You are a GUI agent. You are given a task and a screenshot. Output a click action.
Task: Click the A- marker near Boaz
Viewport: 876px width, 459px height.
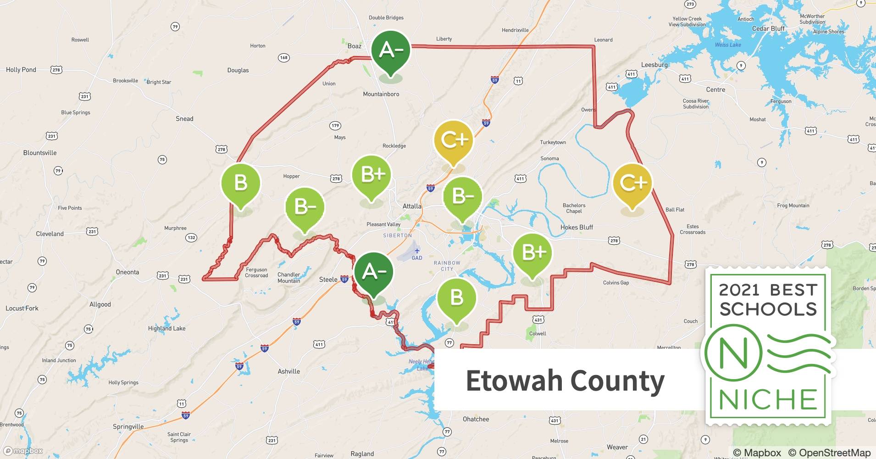click(x=390, y=50)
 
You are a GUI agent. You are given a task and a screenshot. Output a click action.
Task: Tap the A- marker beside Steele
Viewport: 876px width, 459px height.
click(x=374, y=272)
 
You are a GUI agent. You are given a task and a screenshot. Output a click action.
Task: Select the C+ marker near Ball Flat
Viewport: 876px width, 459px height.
click(x=633, y=183)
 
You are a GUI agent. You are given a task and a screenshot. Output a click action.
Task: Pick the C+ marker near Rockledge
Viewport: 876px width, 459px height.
click(x=454, y=140)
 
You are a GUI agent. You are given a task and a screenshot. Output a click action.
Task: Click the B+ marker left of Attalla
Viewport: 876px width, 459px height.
click(x=371, y=175)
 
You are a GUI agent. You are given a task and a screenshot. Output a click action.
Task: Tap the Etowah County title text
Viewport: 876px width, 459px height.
click(x=565, y=381)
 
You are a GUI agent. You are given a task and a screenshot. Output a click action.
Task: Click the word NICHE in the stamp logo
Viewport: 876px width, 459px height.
click(x=768, y=399)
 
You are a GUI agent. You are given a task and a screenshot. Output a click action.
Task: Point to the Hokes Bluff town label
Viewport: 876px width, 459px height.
click(x=577, y=227)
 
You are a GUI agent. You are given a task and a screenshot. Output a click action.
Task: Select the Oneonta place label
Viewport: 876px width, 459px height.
click(x=128, y=272)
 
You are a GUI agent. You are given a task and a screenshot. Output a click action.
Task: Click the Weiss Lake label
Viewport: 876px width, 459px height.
click(x=728, y=45)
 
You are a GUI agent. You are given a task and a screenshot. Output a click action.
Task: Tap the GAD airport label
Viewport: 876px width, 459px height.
click(x=417, y=258)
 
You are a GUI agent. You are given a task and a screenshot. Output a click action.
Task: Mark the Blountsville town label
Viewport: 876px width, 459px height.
click(x=40, y=153)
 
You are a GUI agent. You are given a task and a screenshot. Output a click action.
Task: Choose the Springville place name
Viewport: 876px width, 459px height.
click(x=128, y=426)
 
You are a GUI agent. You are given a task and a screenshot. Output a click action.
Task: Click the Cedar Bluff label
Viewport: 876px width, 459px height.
click(x=768, y=28)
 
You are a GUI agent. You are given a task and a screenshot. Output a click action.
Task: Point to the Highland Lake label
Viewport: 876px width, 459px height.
click(x=166, y=328)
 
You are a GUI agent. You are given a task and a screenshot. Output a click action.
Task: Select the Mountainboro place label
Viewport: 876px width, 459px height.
click(x=381, y=94)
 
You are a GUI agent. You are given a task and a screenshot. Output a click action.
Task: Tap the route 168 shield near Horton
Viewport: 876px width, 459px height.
click(x=284, y=58)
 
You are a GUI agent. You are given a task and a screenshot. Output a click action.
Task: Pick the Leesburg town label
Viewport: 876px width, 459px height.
click(x=654, y=65)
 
